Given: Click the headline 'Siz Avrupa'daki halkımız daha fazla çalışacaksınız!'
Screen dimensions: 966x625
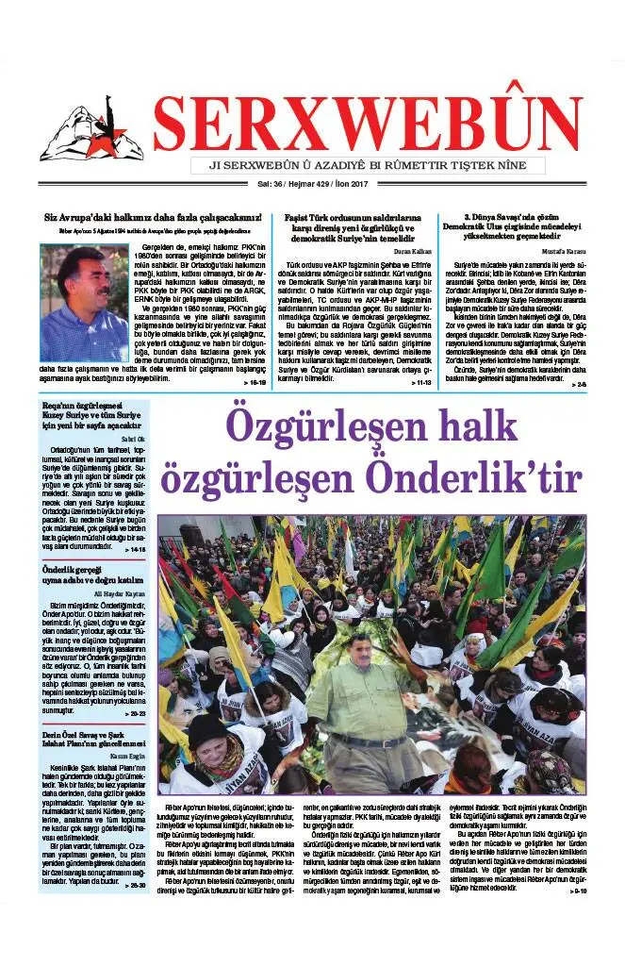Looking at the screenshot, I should click(x=151, y=218).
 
